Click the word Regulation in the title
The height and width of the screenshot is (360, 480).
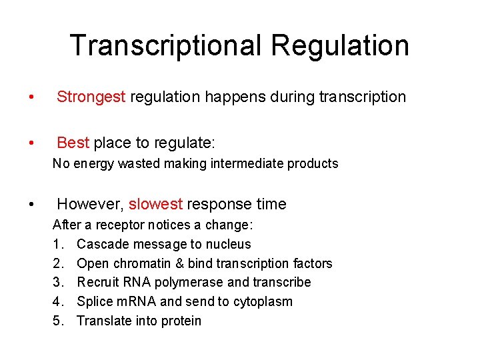pyautogui.click(x=341, y=45)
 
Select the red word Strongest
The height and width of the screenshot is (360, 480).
pyautogui.click(x=91, y=97)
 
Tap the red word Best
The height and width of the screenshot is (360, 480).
pyautogui.click(x=73, y=143)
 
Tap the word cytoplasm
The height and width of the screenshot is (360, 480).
pyautogui.click(x=264, y=301)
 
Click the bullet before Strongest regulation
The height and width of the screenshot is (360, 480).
pyautogui.click(x=30, y=98)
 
